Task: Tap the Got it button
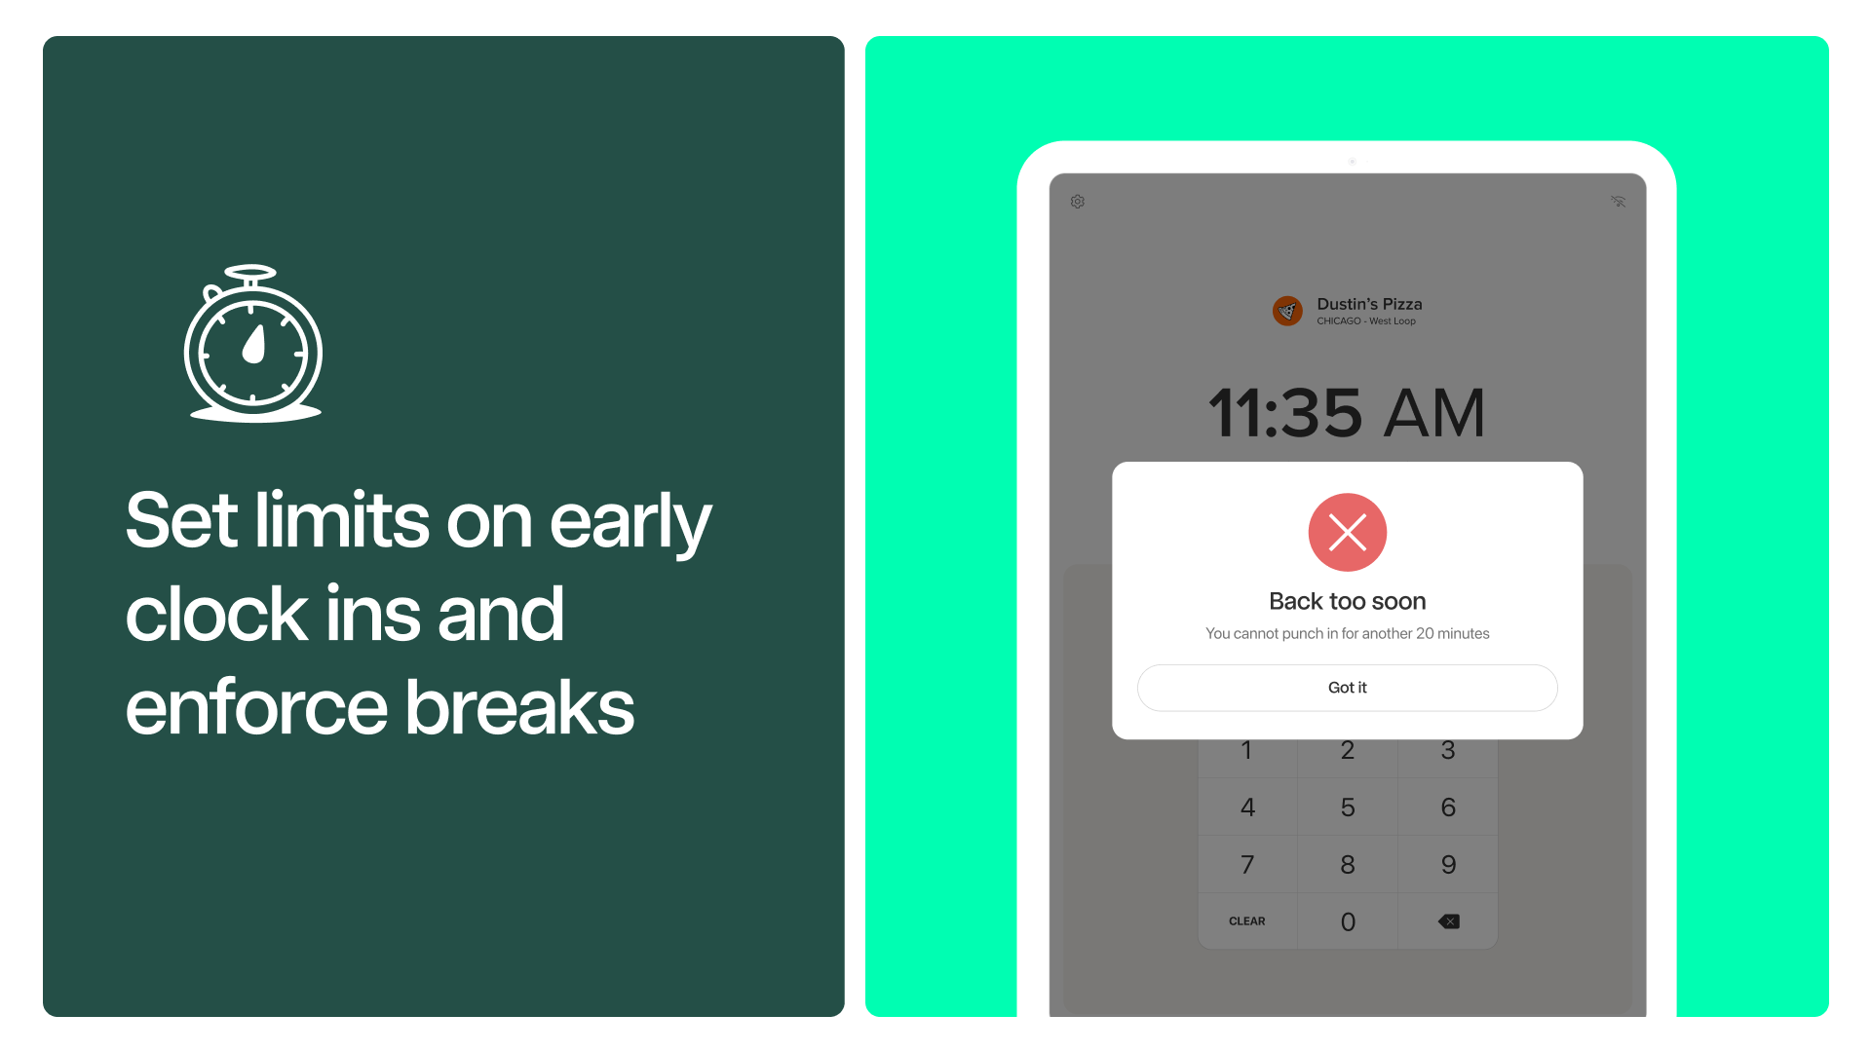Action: click(x=1347, y=688)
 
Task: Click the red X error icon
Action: click(x=1347, y=532)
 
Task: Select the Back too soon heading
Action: click(x=1347, y=601)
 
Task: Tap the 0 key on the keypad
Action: click(x=1348, y=921)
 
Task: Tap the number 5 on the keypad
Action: click(x=1348, y=807)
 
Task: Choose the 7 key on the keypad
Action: click(x=1247, y=864)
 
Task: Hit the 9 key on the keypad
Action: click(x=1448, y=864)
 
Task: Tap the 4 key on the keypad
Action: click(x=1247, y=807)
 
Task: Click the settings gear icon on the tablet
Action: click(x=1078, y=202)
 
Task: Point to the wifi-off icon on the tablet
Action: click(x=1619, y=202)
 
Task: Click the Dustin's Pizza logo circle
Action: click(x=1287, y=311)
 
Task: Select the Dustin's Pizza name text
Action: click(x=1369, y=304)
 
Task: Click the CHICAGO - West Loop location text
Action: click(x=1366, y=321)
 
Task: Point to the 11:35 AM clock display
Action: click(x=1347, y=413)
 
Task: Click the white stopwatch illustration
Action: click(x=253, y=343)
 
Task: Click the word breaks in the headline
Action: click(x=519, y=707)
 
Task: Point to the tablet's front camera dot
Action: click(x=1353, y=162)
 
